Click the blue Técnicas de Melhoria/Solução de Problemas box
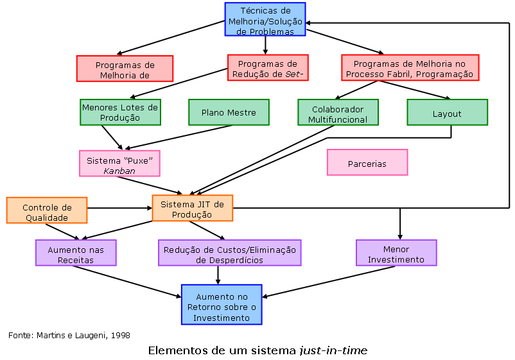265,20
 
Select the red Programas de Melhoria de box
125,69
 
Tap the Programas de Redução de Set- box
268,68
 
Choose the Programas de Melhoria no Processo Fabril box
410,68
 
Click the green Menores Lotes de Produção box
120,112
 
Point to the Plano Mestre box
229,112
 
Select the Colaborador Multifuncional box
338,113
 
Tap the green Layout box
447,113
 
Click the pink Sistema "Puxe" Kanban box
119,164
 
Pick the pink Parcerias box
367,163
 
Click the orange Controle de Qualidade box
47,210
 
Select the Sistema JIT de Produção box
192,209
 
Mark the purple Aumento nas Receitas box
76,253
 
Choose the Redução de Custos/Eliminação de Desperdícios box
230,253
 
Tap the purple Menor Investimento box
396,253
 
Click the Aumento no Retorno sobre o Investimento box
222,305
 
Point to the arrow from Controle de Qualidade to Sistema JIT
119,208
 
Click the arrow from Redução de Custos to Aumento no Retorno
218,275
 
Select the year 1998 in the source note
118,335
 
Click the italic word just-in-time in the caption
333,350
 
